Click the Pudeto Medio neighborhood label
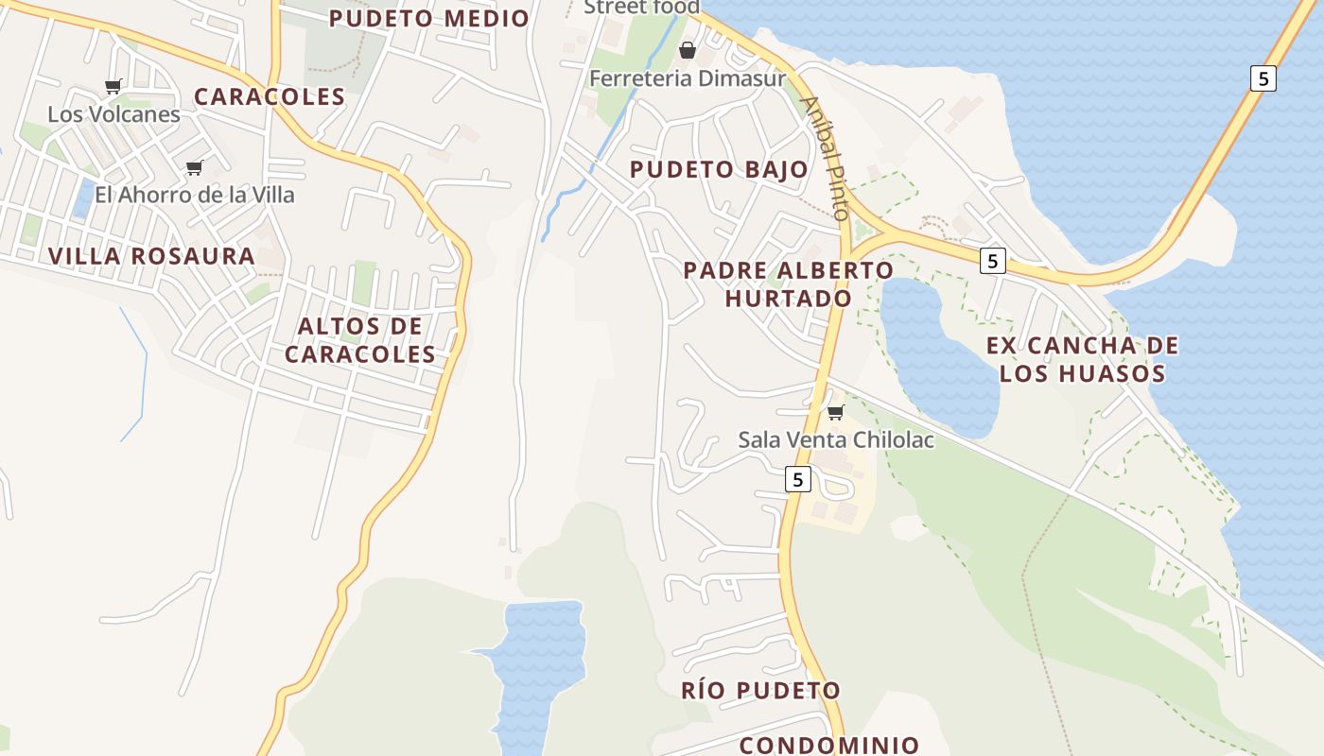pos(428,18)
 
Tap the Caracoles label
pos(270,96)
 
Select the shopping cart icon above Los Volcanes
pos(113,87)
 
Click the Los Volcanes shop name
pos(113,114)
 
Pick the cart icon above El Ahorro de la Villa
pos(195,168)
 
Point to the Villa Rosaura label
pos(151,256)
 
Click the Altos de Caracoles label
pos(360,340)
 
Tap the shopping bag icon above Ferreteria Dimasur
pos(688,50)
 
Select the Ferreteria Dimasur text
pos(688,78)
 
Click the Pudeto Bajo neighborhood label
pos(719,170)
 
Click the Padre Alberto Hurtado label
pos(788,283)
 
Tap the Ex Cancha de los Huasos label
pos(1082,359)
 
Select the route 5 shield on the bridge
pos(1263,78)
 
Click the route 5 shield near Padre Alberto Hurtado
pos(991,261)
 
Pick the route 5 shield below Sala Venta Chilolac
pos(798,480)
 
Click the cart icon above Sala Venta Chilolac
pos(835,413)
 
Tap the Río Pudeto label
pos(760,690)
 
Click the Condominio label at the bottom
pos(828,745)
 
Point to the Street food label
pos(641,8)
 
